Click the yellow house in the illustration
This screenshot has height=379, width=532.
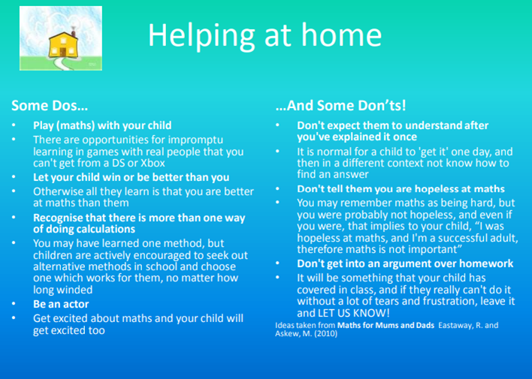[x=63, y=45]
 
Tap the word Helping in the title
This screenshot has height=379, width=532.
[x=201, y=36]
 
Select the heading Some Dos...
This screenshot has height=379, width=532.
[x=50, y=105]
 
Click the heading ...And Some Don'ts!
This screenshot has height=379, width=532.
[x=340, y=105]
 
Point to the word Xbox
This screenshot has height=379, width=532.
[x=153, y=163]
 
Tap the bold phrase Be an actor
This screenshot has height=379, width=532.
[x=61, y=304]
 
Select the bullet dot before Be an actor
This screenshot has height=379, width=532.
[x=14, y=304]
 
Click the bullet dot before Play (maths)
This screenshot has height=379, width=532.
[x=14, y=125]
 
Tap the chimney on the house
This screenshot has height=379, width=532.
[x=73, y=32]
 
